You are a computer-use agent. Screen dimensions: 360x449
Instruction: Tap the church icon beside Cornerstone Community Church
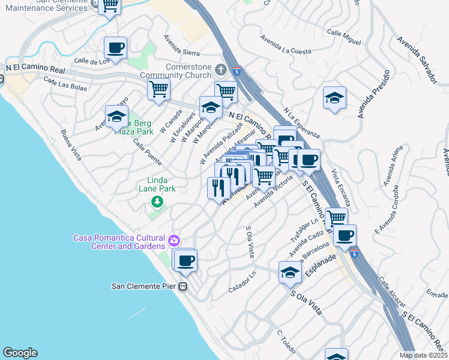(220, 70)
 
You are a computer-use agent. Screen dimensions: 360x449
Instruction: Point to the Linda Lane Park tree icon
(157, 202)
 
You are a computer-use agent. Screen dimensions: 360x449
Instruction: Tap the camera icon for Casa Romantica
(173, 241)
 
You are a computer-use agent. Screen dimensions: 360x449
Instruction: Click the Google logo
(20, 353)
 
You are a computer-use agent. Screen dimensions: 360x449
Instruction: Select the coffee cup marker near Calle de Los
(115, 48)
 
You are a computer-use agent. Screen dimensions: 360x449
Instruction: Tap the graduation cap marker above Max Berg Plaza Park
(116, 116)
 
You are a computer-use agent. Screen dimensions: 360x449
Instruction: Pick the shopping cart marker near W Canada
(158, 90)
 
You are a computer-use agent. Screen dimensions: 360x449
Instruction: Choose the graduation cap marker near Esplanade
(290, 272)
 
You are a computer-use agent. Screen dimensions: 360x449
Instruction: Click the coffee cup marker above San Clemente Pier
(186, 260)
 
